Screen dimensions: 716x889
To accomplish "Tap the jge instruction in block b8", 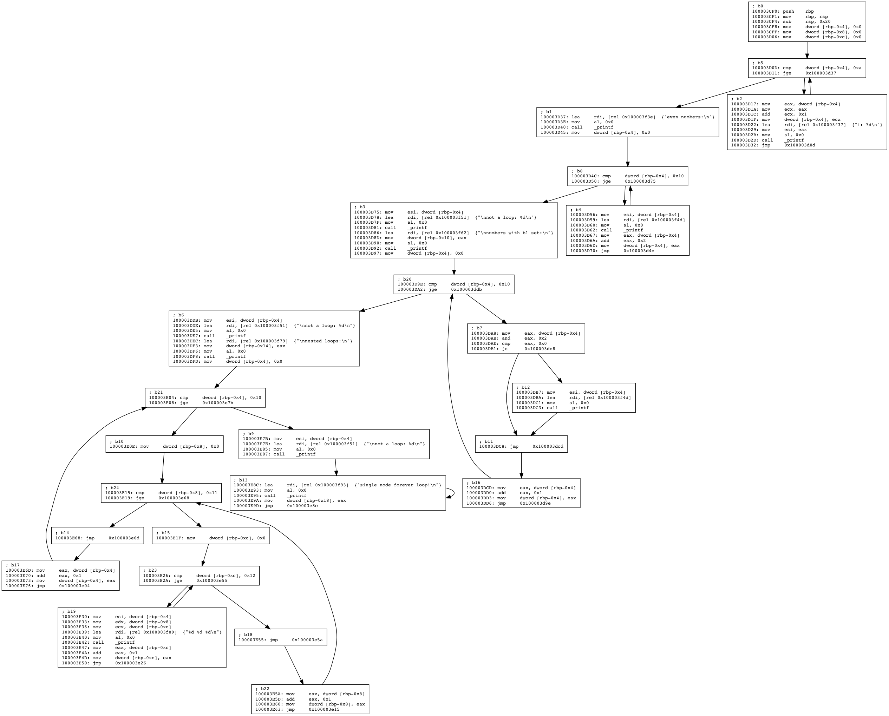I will click(x=606, y=181).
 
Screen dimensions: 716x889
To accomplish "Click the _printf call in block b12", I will click(x=579, y=408).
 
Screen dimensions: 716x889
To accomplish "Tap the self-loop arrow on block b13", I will click(x=453, y=493).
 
